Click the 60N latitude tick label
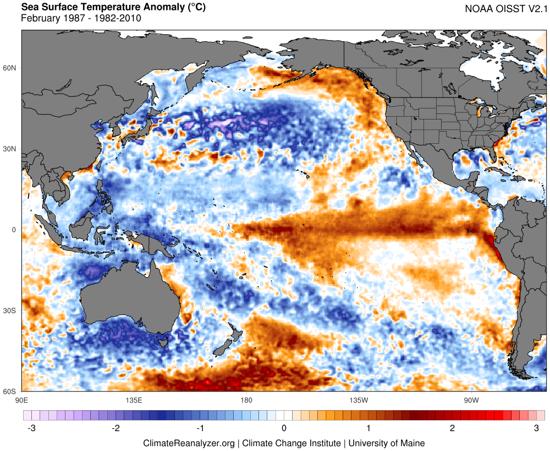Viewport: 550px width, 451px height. tap(10, 68)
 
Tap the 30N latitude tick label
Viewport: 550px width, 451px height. tap(10, 149)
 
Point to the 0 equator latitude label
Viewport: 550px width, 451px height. tap(15, 230)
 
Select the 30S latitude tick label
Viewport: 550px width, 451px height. tap(10, 311)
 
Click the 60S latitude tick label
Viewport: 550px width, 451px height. tap(10, 392)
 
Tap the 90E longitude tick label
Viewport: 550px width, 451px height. tap(21, 399)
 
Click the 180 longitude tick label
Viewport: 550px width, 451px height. tap(246, 399)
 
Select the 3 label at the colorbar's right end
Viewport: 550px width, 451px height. tap(536, 428)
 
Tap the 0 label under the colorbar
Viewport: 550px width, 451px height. tap(284, 428)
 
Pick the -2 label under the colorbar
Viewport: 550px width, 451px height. tap(116, 428)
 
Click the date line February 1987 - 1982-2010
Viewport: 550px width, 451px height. tap(81, 18)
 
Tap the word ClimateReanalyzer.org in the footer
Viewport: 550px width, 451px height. tap(189, 443)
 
